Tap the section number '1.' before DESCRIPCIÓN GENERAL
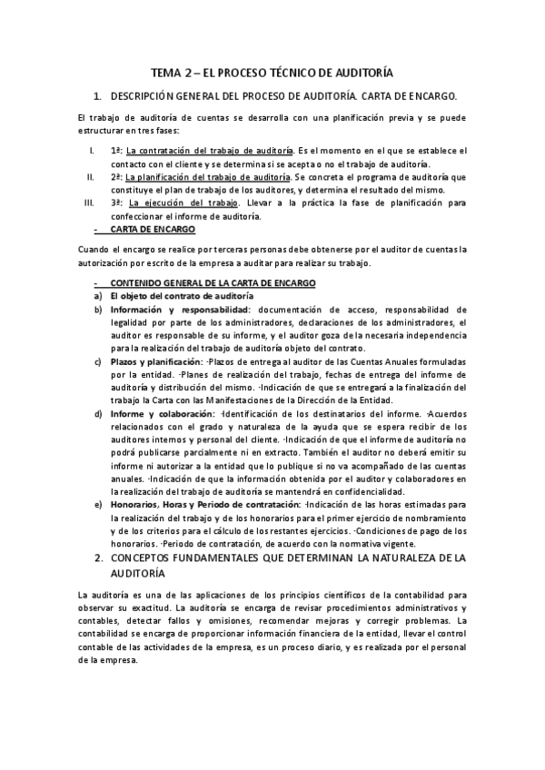[99, 95]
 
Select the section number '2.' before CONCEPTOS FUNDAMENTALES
[99, 557]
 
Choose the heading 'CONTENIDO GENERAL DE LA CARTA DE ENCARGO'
[213, 282]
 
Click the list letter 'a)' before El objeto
[97, 296]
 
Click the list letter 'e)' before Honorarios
[97, 504]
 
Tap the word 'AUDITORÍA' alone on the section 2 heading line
[137, 575]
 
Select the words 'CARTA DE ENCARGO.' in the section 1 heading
[409, 95]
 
